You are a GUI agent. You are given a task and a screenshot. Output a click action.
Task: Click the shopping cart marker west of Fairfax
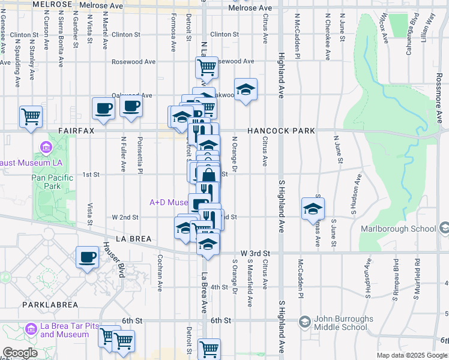[31, 116]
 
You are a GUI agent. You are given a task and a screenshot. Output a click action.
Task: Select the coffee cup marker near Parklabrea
[88, 258]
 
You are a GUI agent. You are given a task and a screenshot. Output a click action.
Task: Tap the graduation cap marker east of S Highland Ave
[313, 208]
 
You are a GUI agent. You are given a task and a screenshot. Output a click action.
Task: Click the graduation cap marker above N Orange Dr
[245, 90]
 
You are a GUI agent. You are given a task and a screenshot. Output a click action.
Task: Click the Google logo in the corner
[20, 353]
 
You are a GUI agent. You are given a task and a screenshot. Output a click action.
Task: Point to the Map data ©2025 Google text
[412, 355]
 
